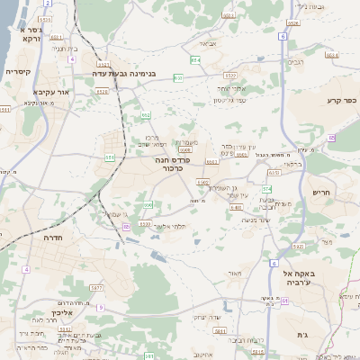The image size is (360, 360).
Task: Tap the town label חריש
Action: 321,192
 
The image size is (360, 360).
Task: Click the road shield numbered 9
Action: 101,309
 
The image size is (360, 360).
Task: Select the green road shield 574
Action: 266,189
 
